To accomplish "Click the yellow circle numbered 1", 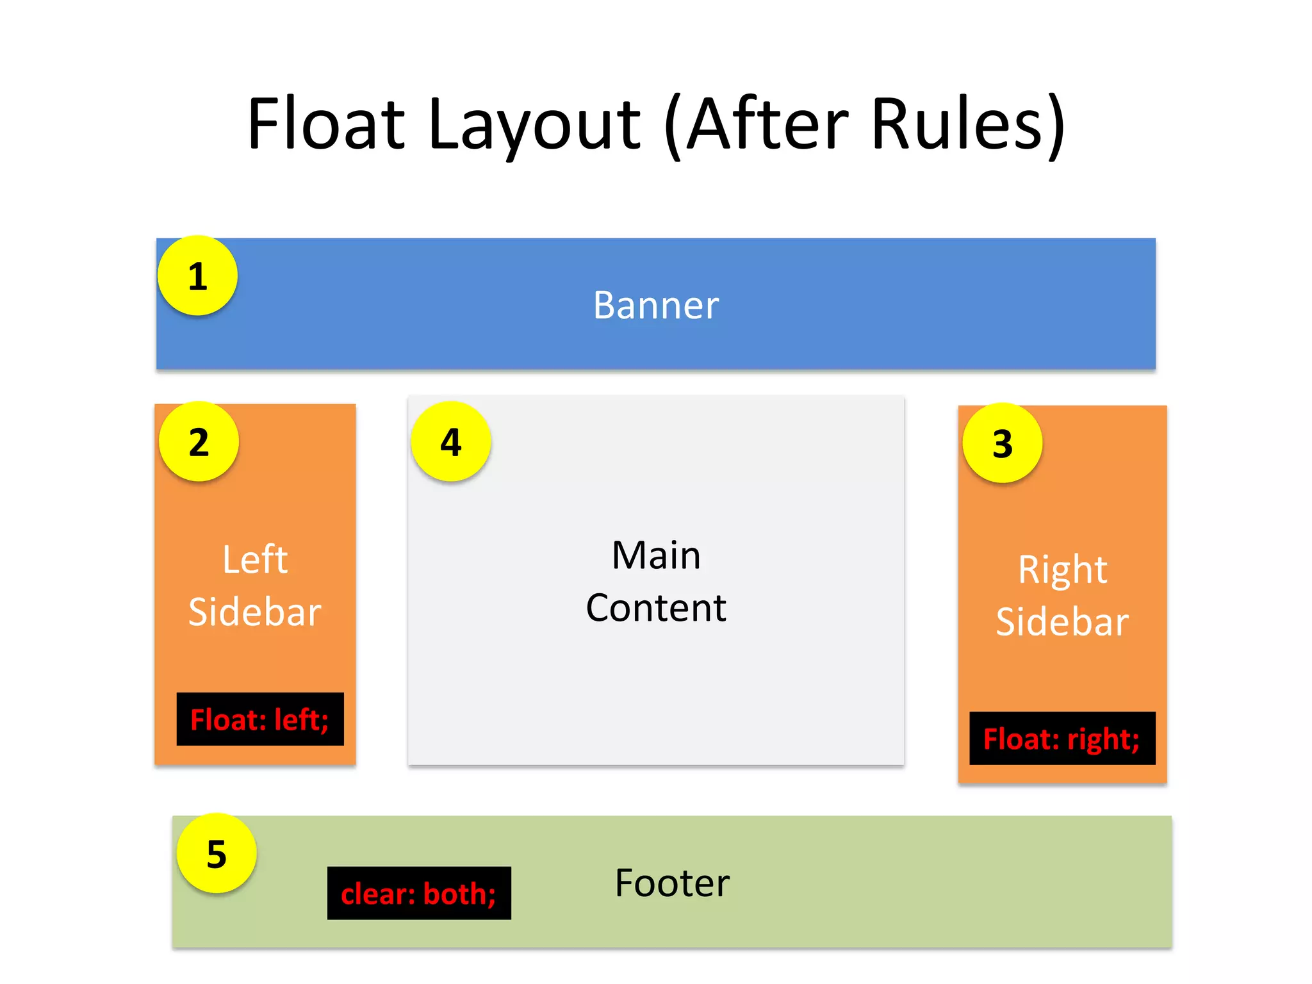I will (x=197, y=275).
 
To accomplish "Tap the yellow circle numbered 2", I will (x=199, y=441).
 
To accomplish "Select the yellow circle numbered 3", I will (x=1003, y=443).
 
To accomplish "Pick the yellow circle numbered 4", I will (x=451, y=441).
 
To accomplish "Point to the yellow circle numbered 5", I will (x=217, y=853).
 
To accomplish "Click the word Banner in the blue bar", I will (x=655, y=305).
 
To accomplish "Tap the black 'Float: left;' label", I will (x=260, y=719).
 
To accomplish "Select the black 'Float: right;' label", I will (x=1062, y=739).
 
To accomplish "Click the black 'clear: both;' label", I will (x=419, y=894).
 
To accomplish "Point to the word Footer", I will (x=672, y=883).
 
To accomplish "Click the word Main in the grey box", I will (x=656, y=555).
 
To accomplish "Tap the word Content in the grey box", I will (x=656, y=607).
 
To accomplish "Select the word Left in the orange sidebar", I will (x=255, y=559).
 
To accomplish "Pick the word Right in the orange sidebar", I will (x=1063, y=570).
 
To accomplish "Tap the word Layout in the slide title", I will (x=534, y=125).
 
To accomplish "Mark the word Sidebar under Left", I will (x=255, y=612).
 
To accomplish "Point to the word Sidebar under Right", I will (x=1063, y=622).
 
